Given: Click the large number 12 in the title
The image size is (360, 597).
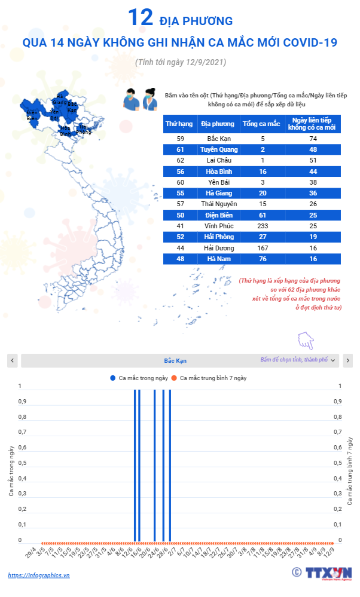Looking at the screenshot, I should point(141,19).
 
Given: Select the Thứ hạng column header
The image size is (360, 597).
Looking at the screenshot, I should point(179,124).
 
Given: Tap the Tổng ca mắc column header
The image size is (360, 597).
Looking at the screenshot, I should point(261,124).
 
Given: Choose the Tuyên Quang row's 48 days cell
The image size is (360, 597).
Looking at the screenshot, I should point(312,149).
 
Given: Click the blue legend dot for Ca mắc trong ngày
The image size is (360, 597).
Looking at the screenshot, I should point(112,378).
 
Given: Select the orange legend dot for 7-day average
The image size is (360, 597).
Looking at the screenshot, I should point(174,378).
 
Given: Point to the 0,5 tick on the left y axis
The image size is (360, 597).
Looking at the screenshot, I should point(22,463).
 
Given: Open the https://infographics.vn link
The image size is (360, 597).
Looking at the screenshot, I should point(39,575).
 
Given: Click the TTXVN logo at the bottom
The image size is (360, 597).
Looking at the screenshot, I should point(328,572).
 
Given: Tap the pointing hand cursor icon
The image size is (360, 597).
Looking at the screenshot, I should point(306,341).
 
